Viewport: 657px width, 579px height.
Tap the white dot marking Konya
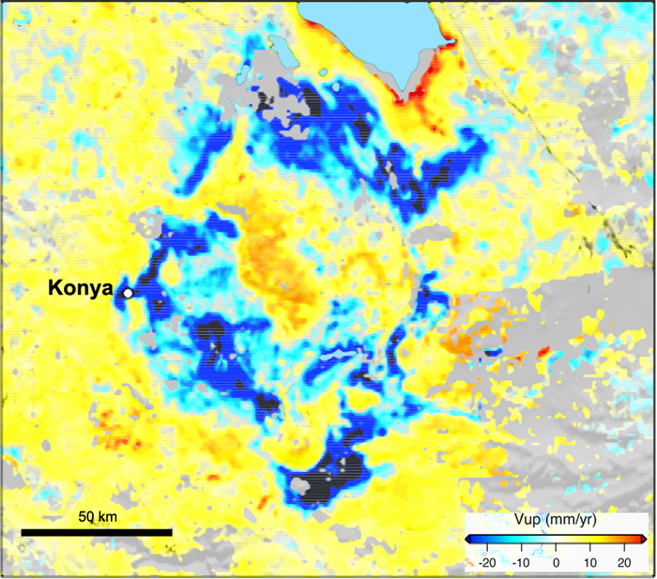pos(127,294)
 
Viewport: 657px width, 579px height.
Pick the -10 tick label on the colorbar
pos(522,561)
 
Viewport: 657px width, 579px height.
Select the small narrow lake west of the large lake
pos(276,47)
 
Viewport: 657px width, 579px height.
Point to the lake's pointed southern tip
pos(404,91)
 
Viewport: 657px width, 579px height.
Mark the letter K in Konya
pos(54,289)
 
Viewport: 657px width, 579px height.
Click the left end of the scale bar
pos(23,532)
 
